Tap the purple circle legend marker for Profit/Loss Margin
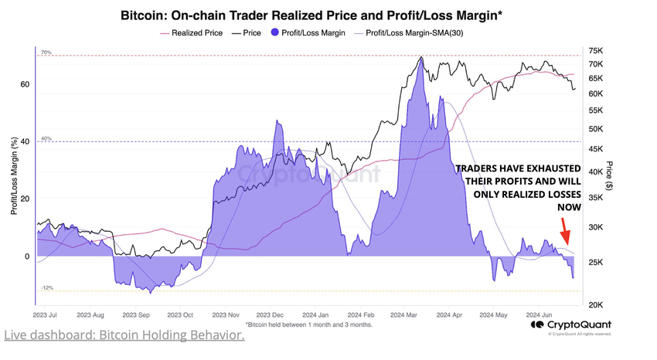pos(276,33)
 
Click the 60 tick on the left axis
pos(26,84)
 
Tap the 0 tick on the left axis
pos(27,256)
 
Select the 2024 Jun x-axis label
pos(538,315)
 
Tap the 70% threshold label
pos(46,53)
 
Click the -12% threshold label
pos(46,287)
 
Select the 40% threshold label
pos(46,138)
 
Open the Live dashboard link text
pos(124,336)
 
